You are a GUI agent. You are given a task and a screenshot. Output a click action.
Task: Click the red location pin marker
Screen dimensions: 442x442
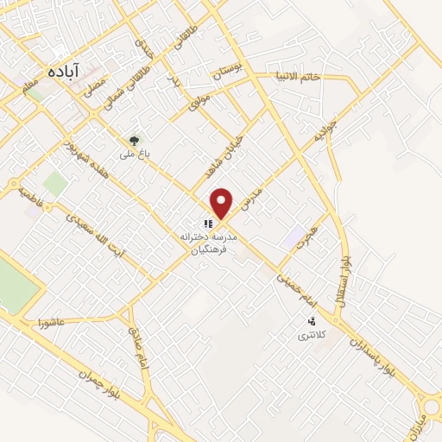(223, 203)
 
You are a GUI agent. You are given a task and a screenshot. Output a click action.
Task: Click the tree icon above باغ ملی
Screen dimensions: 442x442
(134, 140)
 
